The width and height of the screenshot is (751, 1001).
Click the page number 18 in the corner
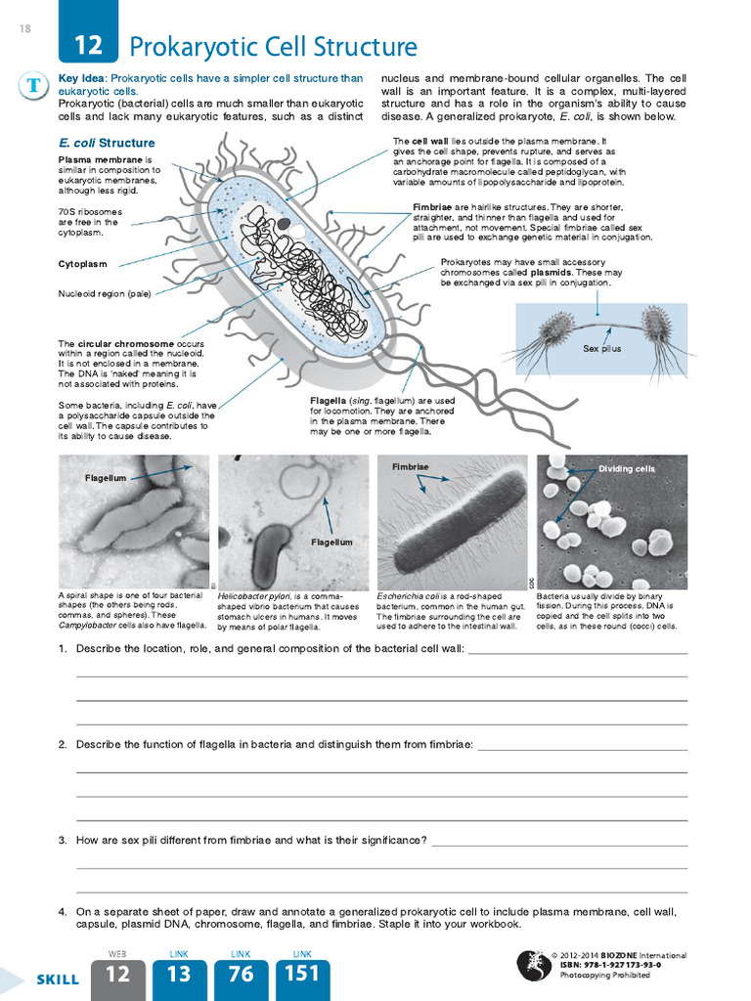coord(24,28)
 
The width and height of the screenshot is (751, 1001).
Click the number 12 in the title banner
coord(88,46)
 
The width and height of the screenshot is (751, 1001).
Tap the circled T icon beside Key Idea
coord(34,86)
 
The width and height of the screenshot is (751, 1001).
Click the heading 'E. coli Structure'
coord(107,143)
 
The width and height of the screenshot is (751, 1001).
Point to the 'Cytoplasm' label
coord(83,264)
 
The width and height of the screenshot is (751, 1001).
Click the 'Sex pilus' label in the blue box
coord(601,348)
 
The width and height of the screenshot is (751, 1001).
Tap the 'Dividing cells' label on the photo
coord(627,469)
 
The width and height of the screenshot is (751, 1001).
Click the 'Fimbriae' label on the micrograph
coord(411,467)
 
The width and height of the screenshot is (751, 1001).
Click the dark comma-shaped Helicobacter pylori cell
coord(271,554)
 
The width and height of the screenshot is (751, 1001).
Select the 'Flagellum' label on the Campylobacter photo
coord(106,478)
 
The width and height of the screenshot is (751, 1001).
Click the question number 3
coord(62,840)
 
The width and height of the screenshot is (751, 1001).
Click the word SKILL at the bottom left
coord(58,979)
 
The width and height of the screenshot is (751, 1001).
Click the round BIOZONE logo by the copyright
coord(532,965)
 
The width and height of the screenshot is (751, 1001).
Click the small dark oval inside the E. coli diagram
coord(284,224)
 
